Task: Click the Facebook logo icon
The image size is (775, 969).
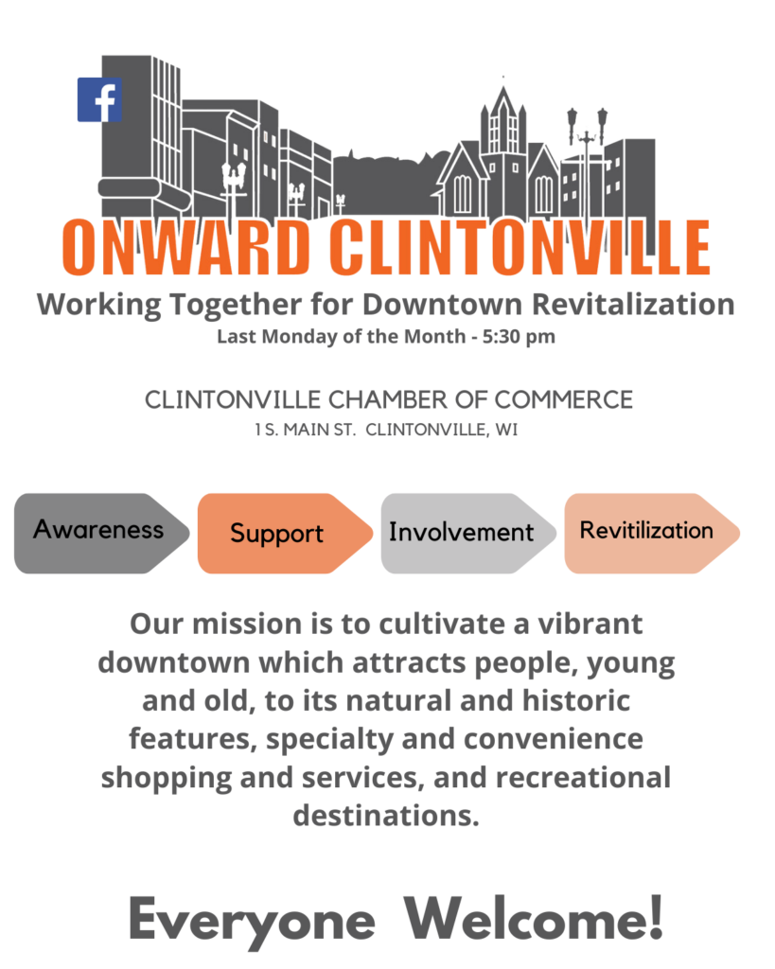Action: [98, 99]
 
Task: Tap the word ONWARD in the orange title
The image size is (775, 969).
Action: [185, 247]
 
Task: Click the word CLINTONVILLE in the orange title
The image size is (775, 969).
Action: [520, 247]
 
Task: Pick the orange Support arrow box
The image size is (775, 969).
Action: [285, 533]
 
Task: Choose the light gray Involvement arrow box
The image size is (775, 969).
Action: [468, 533]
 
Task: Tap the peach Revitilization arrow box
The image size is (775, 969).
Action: [652, 533]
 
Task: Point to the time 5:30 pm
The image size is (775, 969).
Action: [519, 337]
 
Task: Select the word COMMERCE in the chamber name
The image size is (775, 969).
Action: [564, 400]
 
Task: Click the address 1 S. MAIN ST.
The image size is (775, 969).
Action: [306, 430]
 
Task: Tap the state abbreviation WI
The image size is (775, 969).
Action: [507, 430]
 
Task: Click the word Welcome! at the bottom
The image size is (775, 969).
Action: [534, 917]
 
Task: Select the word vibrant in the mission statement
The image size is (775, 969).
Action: [590, 624]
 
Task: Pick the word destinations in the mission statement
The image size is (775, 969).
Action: [386, 816]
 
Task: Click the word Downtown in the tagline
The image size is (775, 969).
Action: [443, 304]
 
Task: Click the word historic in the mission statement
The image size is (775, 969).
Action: [576, 701]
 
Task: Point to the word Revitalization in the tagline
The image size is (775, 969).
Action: [633, 304]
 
